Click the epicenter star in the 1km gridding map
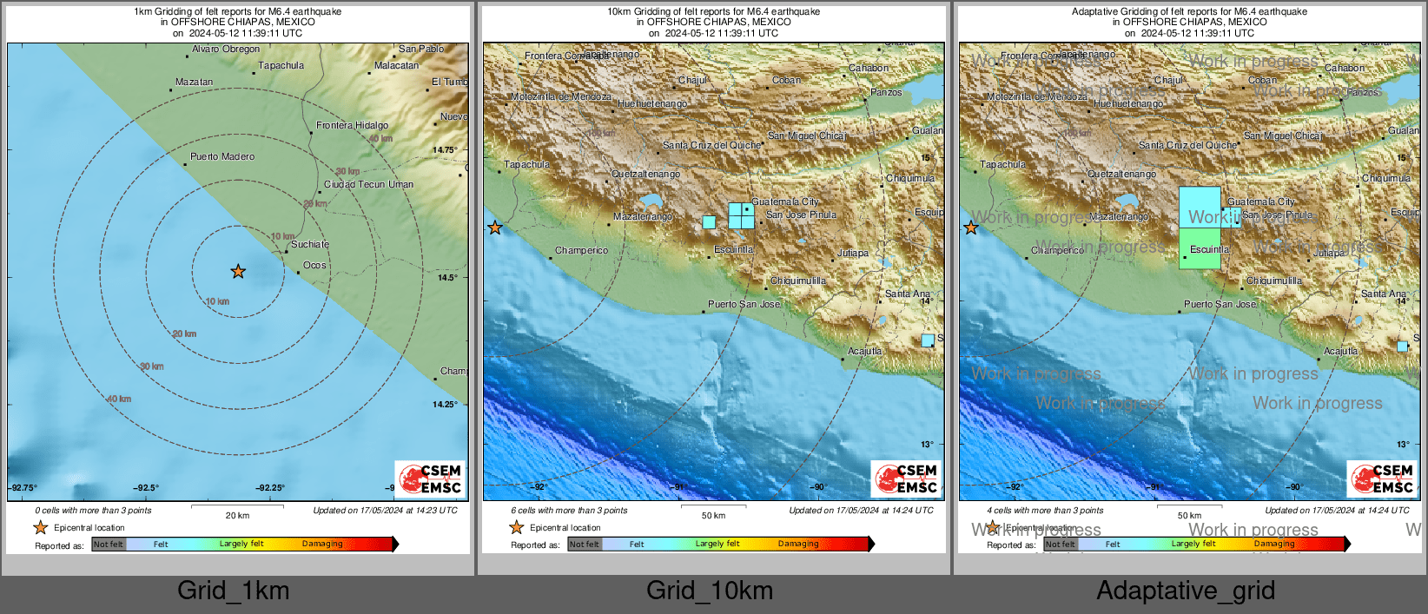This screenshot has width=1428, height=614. (238, 272)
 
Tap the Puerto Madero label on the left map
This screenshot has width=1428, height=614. (222, 157)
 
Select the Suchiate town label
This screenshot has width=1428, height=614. (310, 245)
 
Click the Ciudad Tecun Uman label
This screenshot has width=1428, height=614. (368, 185)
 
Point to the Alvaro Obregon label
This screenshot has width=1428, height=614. (226, 50)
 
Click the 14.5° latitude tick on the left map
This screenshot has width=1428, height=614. (446, 278)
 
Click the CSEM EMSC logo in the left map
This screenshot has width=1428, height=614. (431, 479)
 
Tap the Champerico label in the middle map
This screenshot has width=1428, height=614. (581, 251)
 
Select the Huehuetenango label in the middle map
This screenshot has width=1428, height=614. (652, 104)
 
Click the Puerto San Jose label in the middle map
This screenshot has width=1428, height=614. (744, 305)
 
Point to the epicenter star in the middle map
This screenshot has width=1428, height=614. (495, 228)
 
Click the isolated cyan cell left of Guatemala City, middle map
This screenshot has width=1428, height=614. (709, 222)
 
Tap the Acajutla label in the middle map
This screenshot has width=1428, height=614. (864, 352)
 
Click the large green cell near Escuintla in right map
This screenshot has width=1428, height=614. (1200, 248)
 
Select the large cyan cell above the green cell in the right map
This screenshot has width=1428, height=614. (1200, 208)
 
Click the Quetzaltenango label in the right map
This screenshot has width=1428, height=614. (1121, 175)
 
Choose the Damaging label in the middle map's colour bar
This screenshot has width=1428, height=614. (797, 545)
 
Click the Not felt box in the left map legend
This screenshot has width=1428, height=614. (109, 545)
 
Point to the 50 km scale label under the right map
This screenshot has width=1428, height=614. (1189, 516)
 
